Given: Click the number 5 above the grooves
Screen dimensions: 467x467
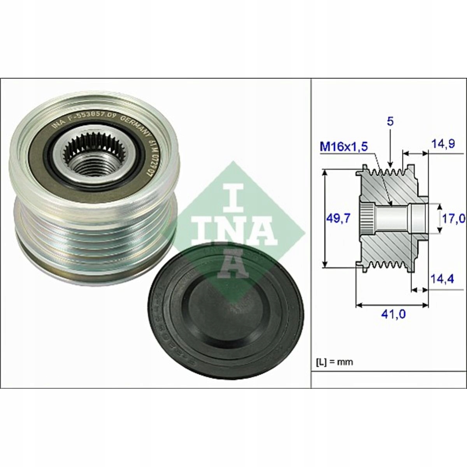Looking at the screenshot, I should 390,121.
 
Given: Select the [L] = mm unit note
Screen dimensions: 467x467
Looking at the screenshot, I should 334,362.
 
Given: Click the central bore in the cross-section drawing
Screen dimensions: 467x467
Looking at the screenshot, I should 393,218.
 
